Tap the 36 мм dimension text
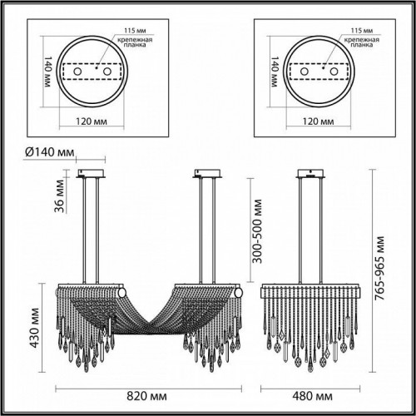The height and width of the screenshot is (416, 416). [x=58, y=200]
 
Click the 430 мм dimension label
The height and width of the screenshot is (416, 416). [x=34, y=322]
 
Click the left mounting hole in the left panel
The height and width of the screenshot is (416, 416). [x=79, y=72]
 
